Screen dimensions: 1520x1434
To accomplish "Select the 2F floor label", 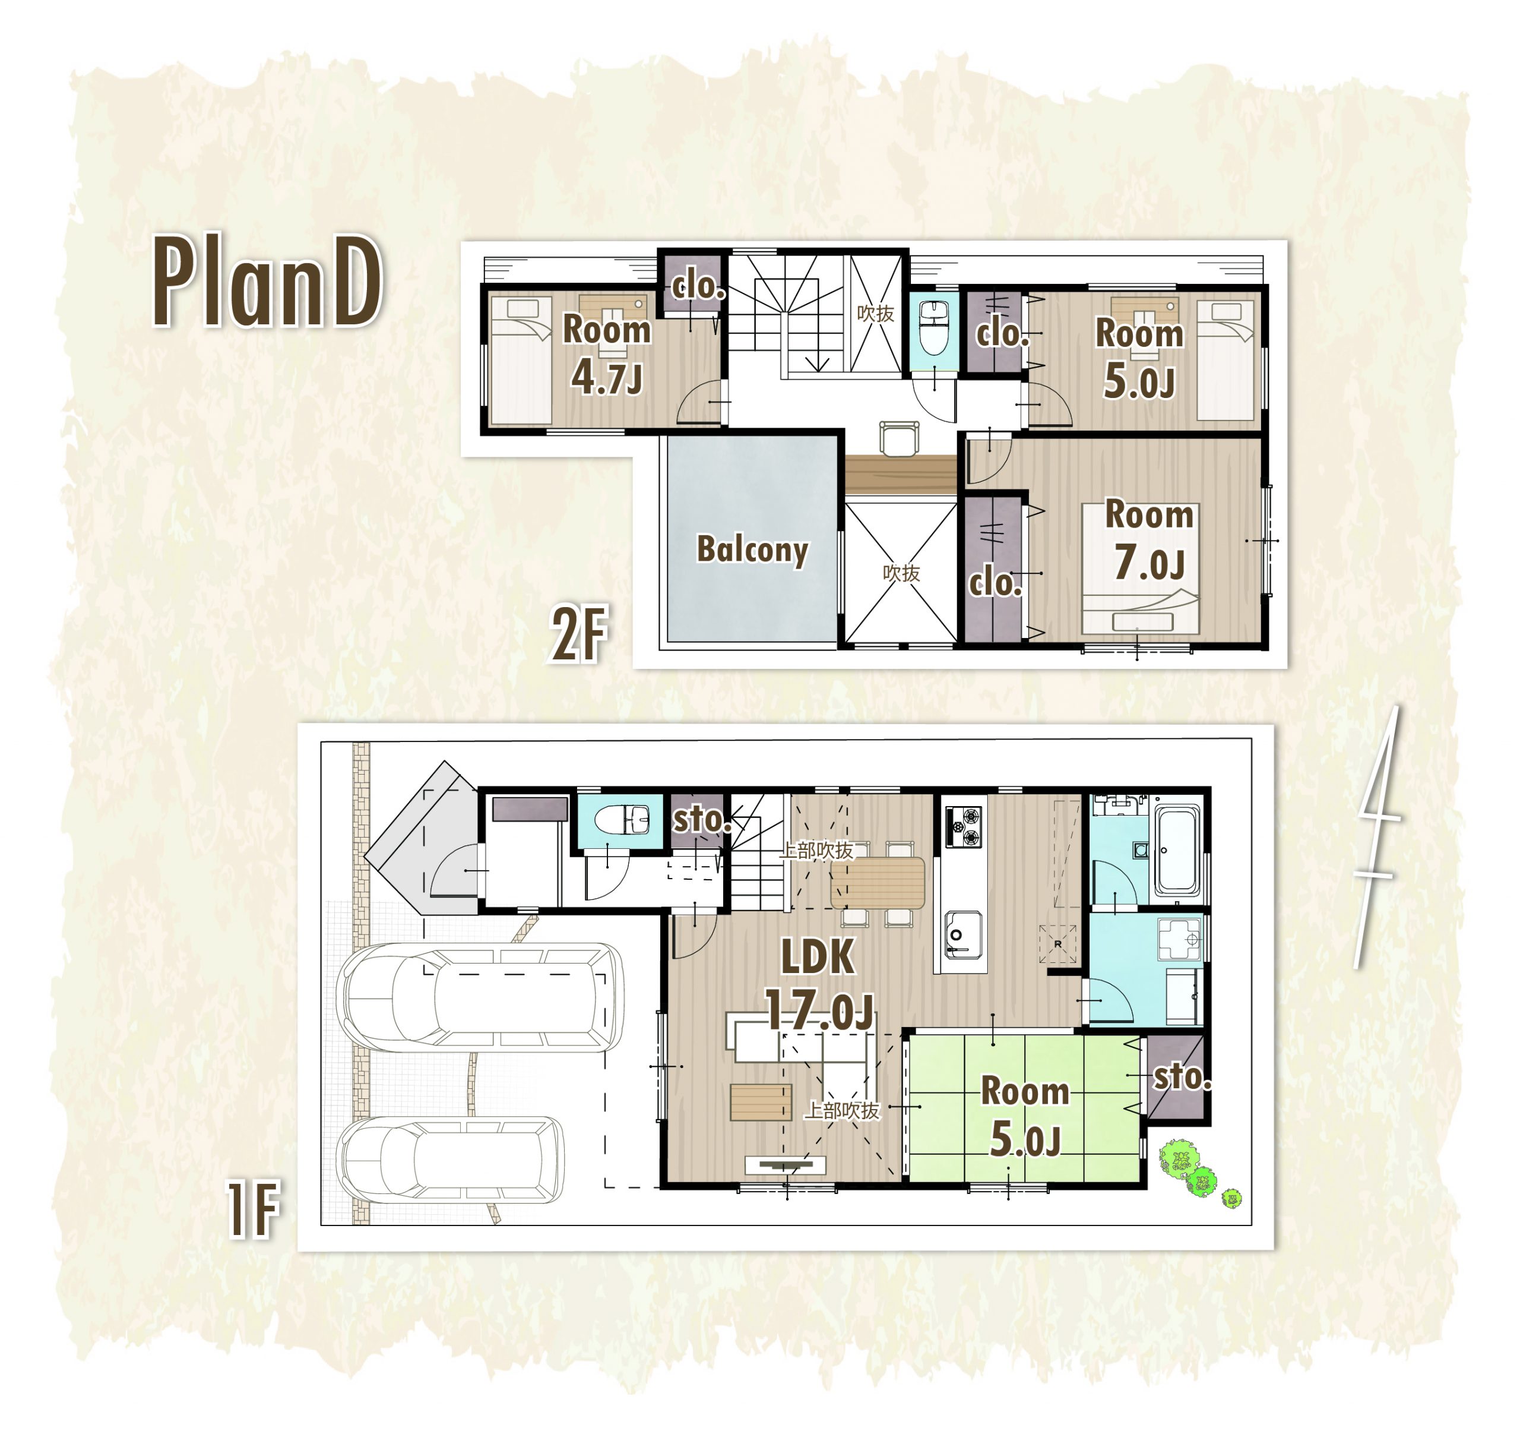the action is (579, 633).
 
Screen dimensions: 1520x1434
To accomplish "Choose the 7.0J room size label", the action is (1149, 563).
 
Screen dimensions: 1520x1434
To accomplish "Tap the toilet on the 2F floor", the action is (933, 328).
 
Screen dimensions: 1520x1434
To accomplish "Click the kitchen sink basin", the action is (962, 934).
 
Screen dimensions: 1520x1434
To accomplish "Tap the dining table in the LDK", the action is (877, 883).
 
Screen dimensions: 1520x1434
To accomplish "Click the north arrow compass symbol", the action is (1377, 838).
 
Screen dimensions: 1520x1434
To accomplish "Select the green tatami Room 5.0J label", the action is (1025, 1114).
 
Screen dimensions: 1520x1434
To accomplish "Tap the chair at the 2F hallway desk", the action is (898, 437).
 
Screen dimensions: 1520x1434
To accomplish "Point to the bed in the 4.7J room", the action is (520, 359).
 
